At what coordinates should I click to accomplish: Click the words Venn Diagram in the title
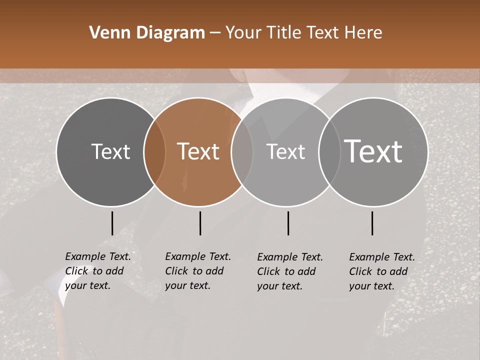147,33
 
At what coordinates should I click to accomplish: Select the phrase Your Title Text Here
303,33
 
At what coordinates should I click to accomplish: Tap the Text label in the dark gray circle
110,151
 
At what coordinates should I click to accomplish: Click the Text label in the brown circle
198,151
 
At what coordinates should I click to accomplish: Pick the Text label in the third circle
285,151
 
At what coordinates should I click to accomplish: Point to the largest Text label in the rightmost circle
373,151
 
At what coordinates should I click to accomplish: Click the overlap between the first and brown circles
154,151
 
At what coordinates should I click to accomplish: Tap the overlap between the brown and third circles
242,151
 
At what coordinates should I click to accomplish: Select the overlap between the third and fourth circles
329,151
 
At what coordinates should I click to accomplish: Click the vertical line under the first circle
112,223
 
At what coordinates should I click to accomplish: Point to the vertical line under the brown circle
200,223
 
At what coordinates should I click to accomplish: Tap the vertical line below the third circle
288,223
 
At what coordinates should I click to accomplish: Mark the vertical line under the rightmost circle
372,223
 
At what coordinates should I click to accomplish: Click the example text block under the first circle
98,271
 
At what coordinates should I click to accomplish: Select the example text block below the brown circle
198,271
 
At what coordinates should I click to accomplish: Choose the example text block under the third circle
290,271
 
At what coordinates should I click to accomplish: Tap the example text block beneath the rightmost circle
382,271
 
